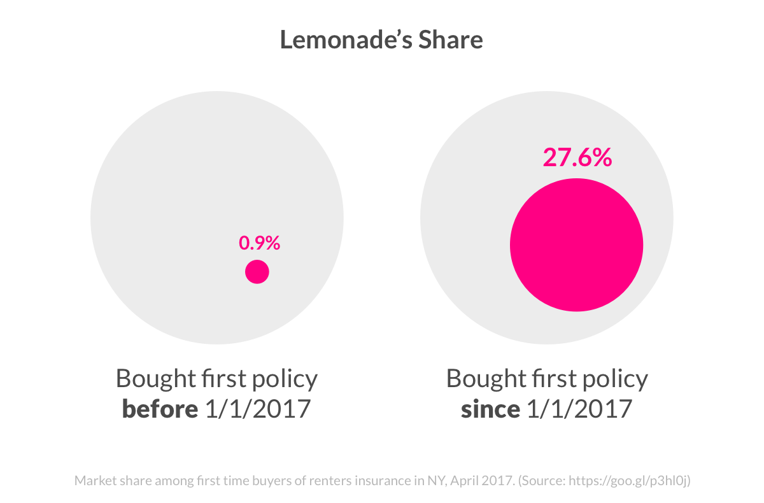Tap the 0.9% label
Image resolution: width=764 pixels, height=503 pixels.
(259, 243)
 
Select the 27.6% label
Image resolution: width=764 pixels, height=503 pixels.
(577, 158)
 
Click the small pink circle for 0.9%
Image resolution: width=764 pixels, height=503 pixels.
(257, 273)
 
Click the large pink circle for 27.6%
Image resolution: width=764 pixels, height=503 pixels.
(576, 245)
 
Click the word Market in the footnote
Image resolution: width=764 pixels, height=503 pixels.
(94, 481)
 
